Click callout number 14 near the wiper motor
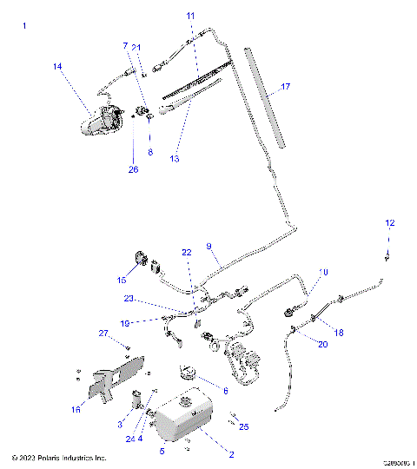pos(57,66)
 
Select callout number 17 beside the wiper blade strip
pos(284,87)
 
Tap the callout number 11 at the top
pos(191,16)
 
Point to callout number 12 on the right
pos(390,224)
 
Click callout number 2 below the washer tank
pos(231,454)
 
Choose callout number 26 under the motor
pos(133,169)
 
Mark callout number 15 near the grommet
pos(121,280)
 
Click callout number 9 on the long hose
pos(208,248)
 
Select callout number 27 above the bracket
pos(102,334)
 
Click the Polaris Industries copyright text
pos(59,458)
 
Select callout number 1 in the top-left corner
pos(24,27)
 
